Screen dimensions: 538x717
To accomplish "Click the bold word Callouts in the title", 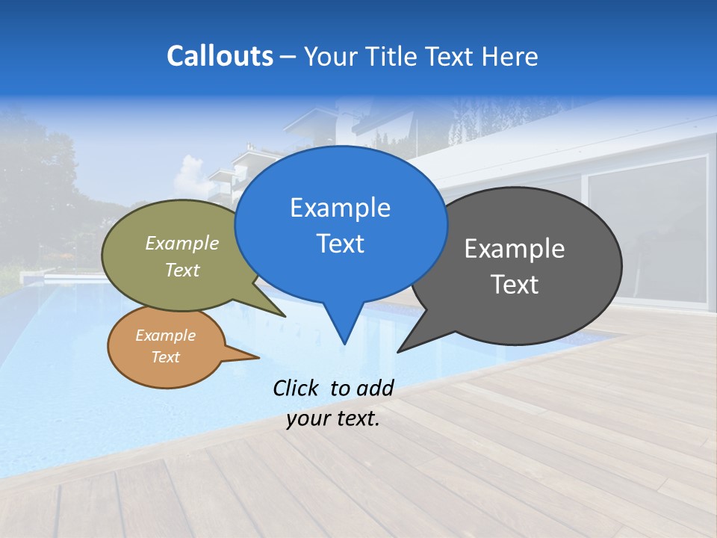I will pos(220,56).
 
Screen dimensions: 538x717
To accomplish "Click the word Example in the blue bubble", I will pos(340,208).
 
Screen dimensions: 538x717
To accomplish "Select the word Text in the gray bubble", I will pos(515,284).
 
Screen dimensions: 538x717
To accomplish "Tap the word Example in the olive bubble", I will pos(182,243).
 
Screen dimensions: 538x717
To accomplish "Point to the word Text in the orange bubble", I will pos(166,357).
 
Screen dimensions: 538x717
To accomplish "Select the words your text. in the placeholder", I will pos(333,418).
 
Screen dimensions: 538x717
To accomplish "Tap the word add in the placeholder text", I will pos(375,388).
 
